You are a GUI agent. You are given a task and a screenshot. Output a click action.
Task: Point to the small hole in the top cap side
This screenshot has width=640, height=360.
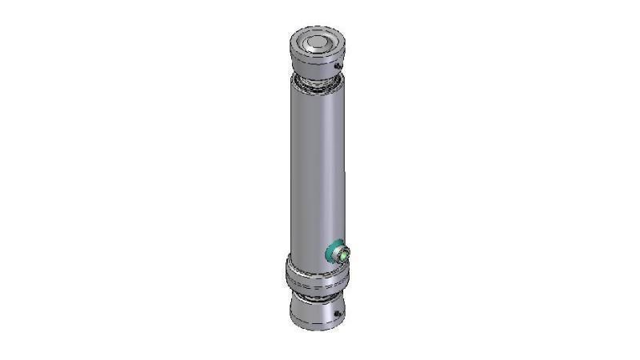[338, 65]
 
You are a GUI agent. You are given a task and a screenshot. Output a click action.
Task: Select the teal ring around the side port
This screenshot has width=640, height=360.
[330, 253]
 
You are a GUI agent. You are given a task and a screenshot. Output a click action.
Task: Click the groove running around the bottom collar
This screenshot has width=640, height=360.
[314, 279]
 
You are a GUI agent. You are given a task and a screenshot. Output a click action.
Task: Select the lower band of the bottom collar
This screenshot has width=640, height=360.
[314, 286]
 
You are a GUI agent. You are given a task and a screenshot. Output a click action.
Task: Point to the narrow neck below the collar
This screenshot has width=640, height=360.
[315, 297]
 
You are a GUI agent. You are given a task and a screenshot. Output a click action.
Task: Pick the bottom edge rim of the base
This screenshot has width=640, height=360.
[314, 327]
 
